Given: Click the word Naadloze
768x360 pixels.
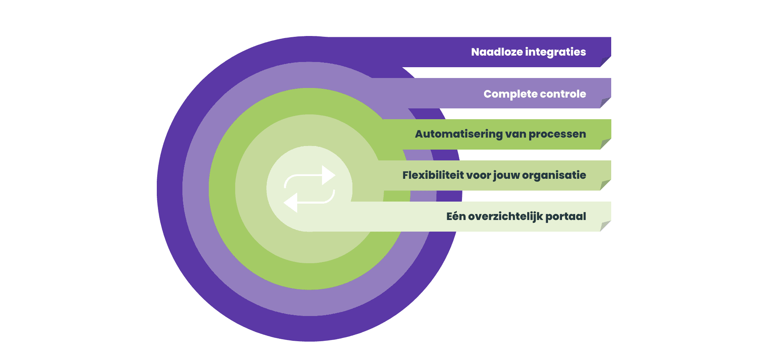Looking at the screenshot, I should coord(497,52).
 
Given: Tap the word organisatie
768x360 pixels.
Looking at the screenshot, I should coord(554,175).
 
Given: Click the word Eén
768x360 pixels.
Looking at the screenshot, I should coord(456,216).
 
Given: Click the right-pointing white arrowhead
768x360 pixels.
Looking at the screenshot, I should coord(328,175).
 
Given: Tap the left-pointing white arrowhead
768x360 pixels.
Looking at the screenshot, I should coord(291,202).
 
